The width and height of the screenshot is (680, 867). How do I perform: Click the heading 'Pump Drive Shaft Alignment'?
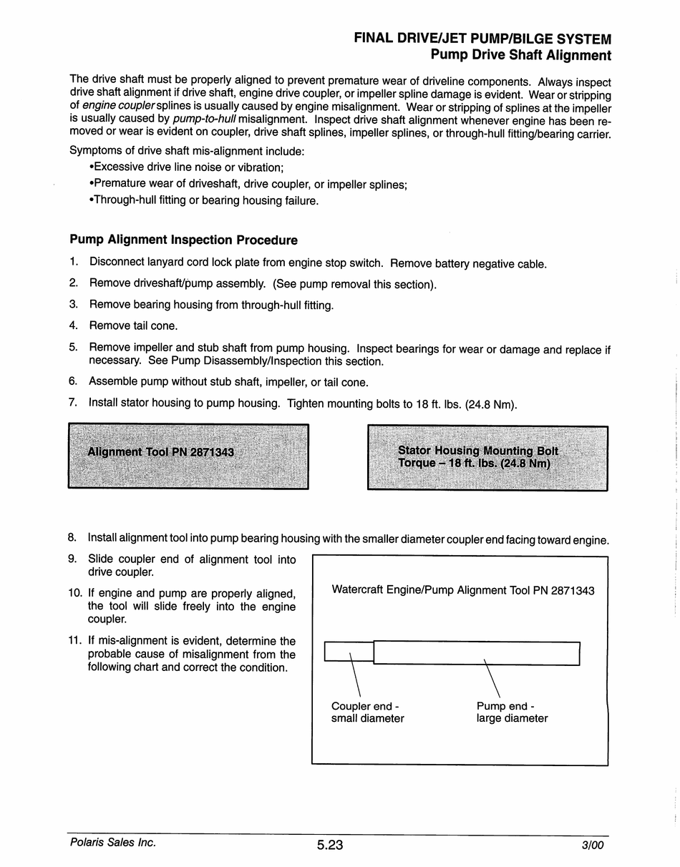(x=520, y=55)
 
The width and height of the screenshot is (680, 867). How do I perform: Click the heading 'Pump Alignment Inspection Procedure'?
(x=183, y=240)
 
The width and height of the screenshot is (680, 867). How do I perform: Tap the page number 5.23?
(x=330, y=845)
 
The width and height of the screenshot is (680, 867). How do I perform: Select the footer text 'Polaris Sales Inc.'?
(x=113, y=843)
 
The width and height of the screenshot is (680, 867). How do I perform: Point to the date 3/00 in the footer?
(x=593, y=845)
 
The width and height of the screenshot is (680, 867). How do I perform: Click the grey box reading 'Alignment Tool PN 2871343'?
(x=188, y=456)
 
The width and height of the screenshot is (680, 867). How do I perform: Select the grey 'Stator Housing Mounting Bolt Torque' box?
(x=487, y=458)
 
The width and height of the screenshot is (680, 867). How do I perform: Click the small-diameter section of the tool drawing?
(x=349, y=652)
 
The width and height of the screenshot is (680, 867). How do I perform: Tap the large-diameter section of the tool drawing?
(x=476, y=652)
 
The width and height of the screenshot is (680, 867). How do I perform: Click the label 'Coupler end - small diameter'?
(x=367, y=712)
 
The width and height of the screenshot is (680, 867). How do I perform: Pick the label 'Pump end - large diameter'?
(x=512, y=712)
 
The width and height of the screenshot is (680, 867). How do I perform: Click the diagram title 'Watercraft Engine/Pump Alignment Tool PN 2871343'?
(x=463, y=590)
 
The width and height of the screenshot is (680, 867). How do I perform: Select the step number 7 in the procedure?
(x=73, y=402)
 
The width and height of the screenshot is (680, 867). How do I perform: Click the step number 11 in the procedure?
(x=76, y=641)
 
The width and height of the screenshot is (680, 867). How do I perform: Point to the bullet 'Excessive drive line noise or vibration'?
(x=186, y=167)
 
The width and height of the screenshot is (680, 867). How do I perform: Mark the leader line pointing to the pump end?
(x=492, y=678)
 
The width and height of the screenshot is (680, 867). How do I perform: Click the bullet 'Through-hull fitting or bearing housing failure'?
(x=203, y=200)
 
